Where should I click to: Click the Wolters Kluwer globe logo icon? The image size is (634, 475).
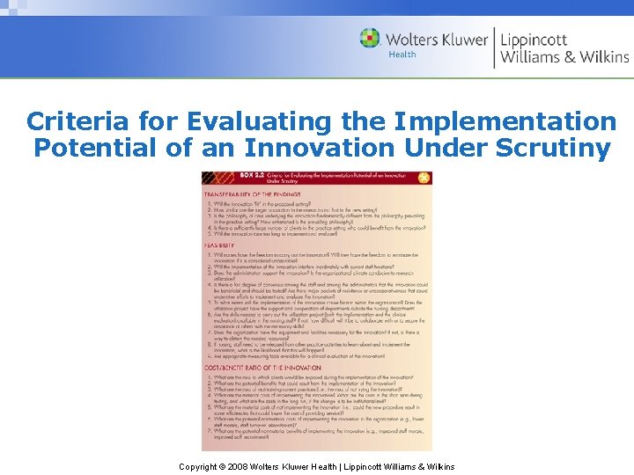point(370,39)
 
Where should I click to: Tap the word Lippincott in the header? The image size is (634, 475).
point(534,40)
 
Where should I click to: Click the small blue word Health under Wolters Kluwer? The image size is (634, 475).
point(402,55)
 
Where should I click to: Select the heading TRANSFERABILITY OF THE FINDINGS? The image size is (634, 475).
point(253,194)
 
